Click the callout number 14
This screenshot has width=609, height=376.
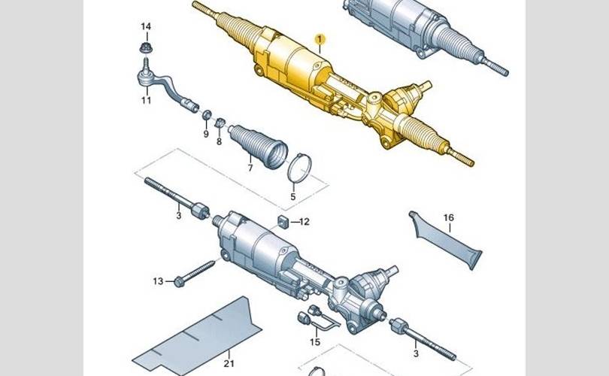click(x=146, y=26)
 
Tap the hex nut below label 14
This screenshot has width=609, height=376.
click(x=146, y=48)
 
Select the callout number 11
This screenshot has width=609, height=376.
click(x=146, y=100)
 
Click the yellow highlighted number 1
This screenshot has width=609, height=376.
click(x=320, y=39)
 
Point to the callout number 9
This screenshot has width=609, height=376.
click(x=206, y=134)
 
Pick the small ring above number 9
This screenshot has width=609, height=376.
click(x=207, y=115)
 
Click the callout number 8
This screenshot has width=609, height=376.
click(x=219, y=141)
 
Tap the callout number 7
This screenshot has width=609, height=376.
click(x=250, y=168)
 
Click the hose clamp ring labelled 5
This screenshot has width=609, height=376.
click(x=299, y=168)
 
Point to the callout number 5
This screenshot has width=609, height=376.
click(x=293, y=197)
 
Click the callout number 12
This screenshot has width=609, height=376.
click(x=304, y=222)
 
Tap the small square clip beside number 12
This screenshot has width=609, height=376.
click(x=283, y=222)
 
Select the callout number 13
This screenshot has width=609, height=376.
click(x=158, y=280)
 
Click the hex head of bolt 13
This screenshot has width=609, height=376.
click(x=180, y=281)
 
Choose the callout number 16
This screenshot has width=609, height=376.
click(x=449, y=217)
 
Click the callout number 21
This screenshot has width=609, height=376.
click(x=229, y=363)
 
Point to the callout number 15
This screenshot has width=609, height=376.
click(x=315, y=342)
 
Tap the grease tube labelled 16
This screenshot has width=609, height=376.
click(x=446, y=241)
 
